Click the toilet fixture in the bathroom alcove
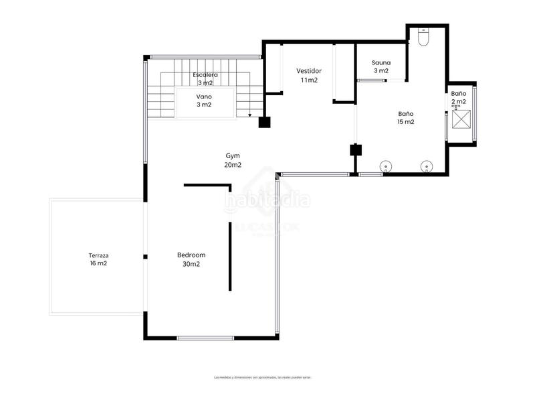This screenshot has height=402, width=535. coord(423,38)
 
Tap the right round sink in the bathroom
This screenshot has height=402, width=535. coord(425,166)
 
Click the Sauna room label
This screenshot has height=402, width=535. coord(381,62)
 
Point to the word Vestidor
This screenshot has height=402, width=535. coord(309,70)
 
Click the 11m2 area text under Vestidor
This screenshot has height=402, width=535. coord(309,80)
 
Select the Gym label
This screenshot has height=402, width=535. coord(233,155)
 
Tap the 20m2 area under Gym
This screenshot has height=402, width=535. coord(233,165)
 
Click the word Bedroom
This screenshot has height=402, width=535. coord(191,255)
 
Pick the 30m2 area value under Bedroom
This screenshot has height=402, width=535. coord(191,264)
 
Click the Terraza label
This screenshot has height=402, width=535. coord(98,255)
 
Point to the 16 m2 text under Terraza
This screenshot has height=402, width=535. coord(98,264)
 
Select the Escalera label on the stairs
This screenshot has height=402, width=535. coord(205,75)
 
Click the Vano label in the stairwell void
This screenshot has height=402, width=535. coord(204,96)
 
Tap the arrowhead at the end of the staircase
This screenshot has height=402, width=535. coord(250,115)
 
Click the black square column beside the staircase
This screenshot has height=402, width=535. coord(264,122)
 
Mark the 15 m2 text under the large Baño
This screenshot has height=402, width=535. coord(406,122)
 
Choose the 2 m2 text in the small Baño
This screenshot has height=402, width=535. coord(459,102)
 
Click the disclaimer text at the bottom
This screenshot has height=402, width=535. coord(262,377)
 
